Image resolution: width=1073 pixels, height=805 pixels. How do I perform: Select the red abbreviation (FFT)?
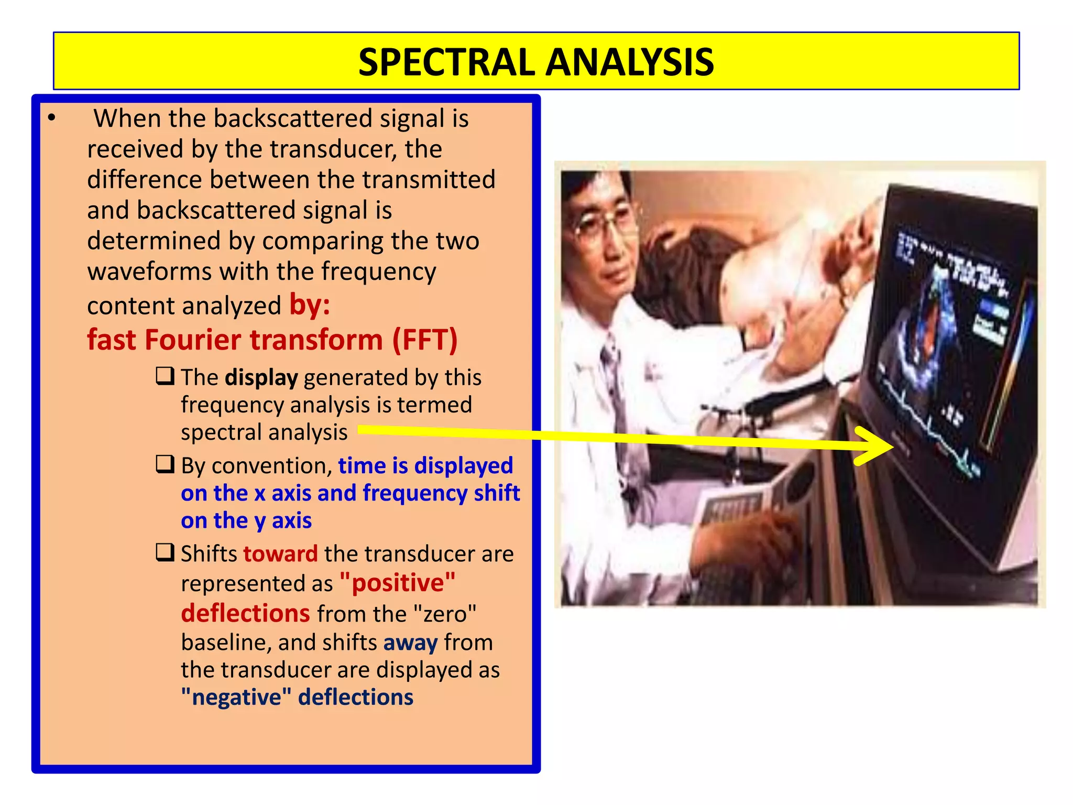(425, 340)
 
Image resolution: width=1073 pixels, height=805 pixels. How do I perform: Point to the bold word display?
(261, 377)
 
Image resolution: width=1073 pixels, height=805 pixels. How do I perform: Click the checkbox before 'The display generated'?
(165, 376)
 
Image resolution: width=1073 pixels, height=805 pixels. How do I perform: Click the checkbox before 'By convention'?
(165, 464)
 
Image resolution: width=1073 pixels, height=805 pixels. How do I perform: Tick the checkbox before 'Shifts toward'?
(165, 552)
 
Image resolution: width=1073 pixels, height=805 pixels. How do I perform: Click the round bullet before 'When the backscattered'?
(51, 118)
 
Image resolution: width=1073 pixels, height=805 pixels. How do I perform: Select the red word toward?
(280, 554)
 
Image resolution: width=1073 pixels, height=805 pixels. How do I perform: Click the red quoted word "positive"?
(398, 583)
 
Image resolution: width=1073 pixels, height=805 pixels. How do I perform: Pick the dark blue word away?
(410, 643)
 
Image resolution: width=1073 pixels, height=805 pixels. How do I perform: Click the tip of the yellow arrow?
(892, 446)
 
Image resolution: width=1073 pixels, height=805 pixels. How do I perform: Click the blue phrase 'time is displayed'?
(425, 465)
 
